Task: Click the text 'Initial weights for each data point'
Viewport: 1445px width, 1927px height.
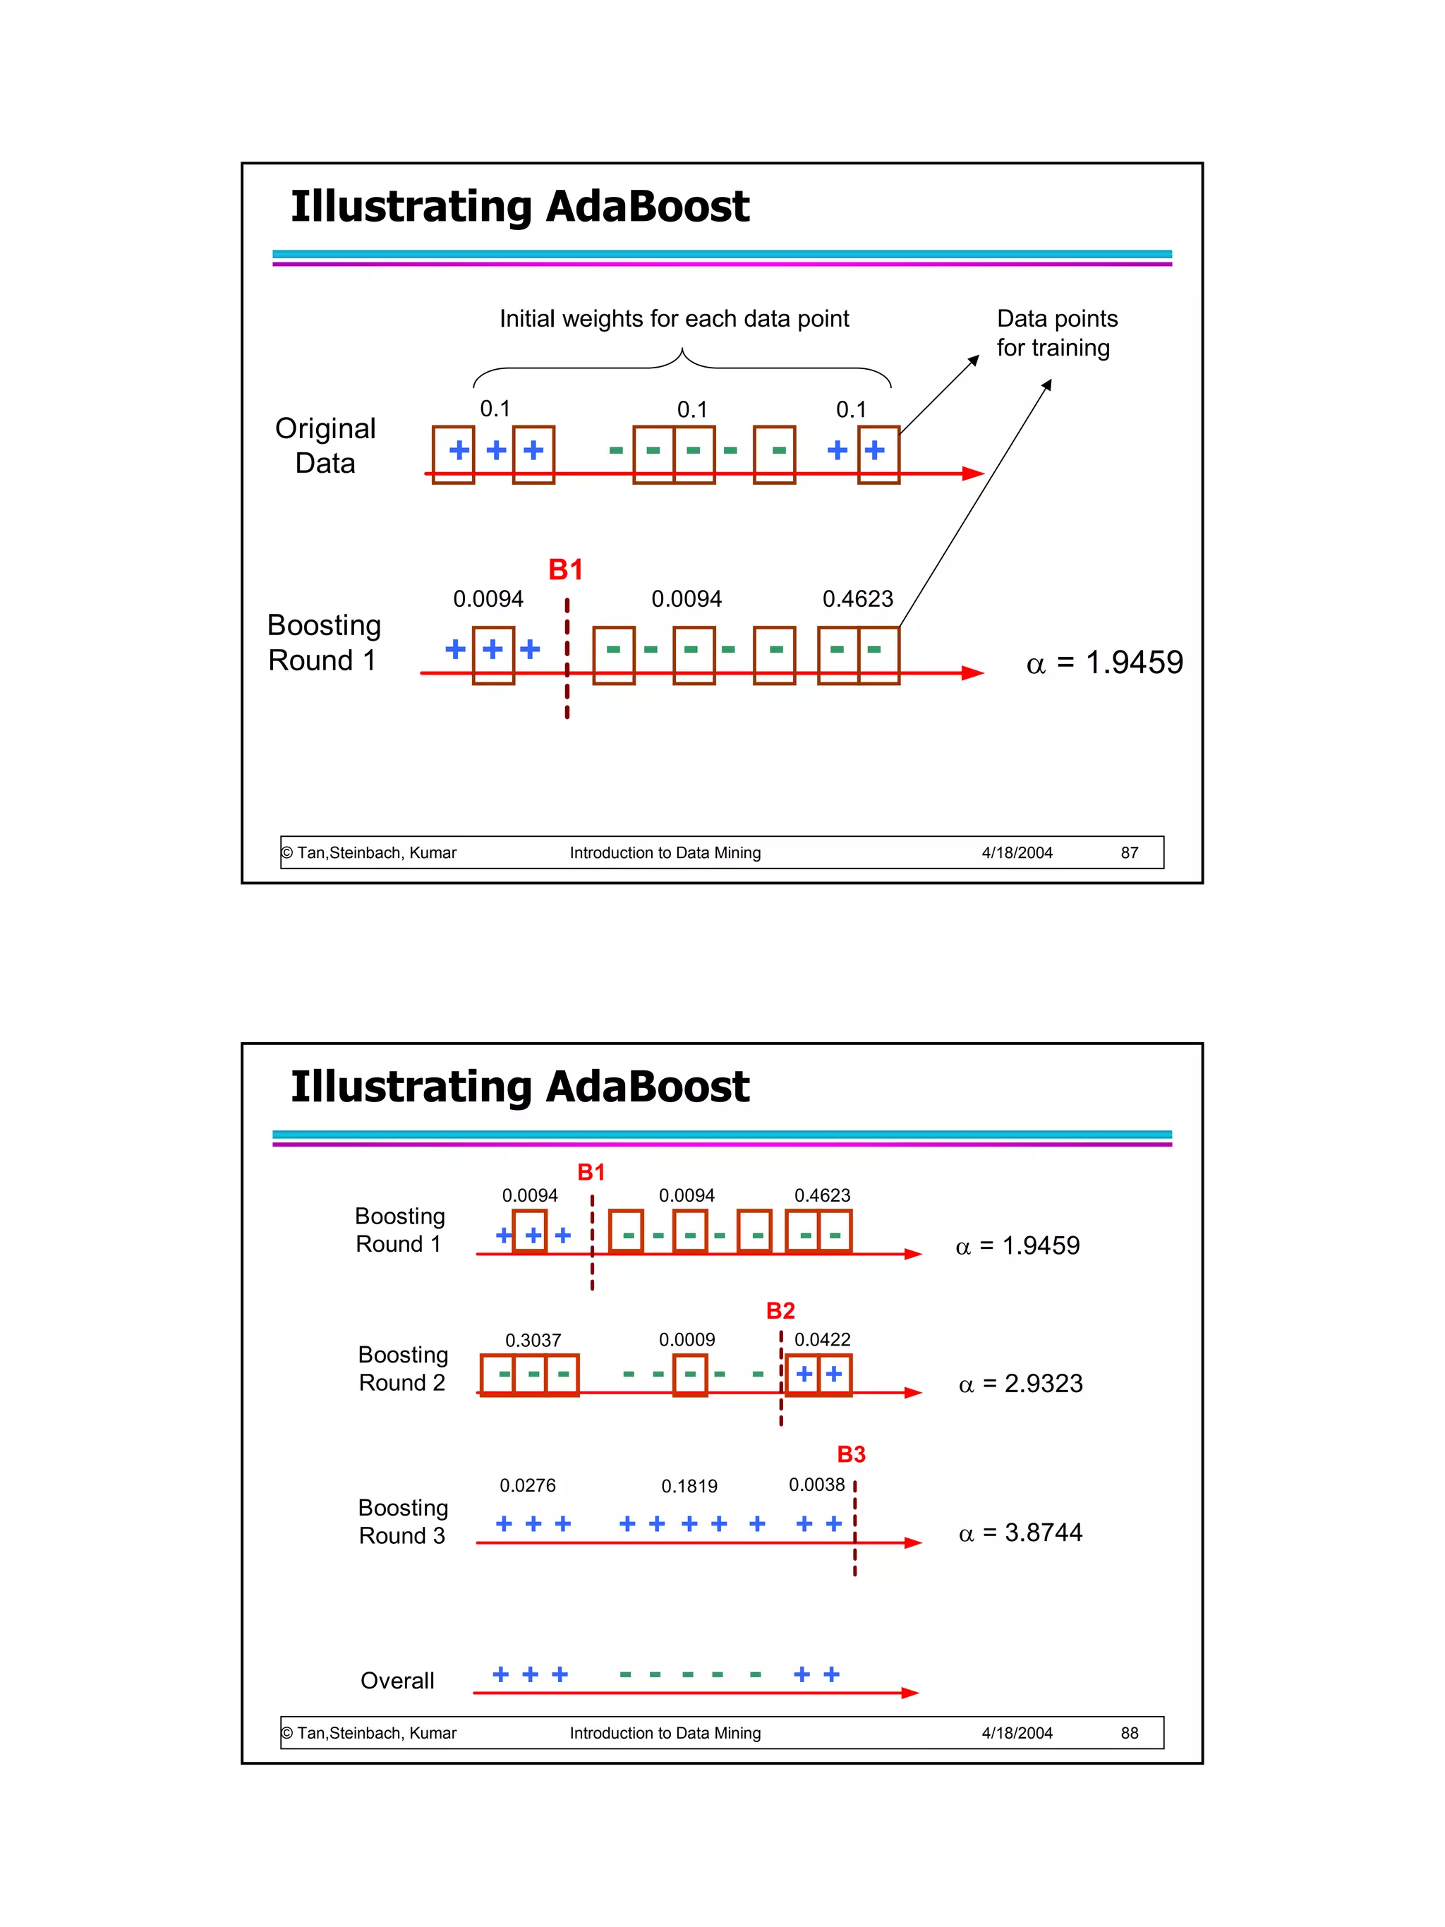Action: pyautogui.click(x=673, y=319)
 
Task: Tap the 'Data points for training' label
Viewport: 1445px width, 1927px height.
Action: pyautogui.click(x=1056, y=333)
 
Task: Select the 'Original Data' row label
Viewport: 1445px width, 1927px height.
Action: pyautogui.click(x=325, y=445)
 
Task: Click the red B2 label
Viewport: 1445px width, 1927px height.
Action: pyautogui.click(x=780, y=1311)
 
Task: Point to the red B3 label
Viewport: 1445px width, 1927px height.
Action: pyautogui.click(x=851, y=1454)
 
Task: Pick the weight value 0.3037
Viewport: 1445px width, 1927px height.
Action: pyautogui.click(x=533, y=1340)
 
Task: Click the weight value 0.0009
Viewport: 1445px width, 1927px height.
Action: pyautogui.click(x=687, y=1339)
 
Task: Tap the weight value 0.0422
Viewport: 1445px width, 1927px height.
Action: pyautogui.click(x=821, y=1339)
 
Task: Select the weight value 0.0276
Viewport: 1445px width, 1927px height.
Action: pyautogui.click(x=527, y=1485)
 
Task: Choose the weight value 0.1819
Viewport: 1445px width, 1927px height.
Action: pyautogui.click(x=689, y=1486)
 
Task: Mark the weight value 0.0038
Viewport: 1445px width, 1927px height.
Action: pyautogui.click(x=816, y=1485)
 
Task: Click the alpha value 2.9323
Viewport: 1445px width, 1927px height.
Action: pyautogui.click(x=1021, y=1384)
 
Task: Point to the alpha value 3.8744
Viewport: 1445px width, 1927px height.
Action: pyautogui.click(x=1021, y=1533)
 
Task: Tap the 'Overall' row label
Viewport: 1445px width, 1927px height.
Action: pyautogui.click(x=397, y=1681)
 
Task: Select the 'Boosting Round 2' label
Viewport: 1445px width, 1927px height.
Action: pyautogui.click(x=402, y=1369)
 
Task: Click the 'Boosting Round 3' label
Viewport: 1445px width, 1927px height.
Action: pyautogui.click(x=402, y=1521)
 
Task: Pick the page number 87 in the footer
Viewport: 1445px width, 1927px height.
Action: pyautogui.click(x=1129, y=853)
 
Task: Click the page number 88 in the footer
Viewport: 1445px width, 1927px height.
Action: pyautogui.click(x=1129, y=1733)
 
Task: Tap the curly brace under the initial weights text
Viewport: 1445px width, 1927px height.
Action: pyautogui.click(x=682, y=366)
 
